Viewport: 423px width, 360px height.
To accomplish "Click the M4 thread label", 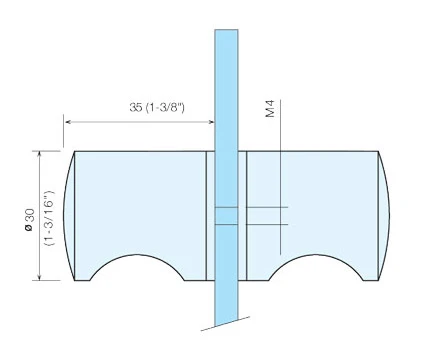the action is pyautogui.click(x=270, y=108).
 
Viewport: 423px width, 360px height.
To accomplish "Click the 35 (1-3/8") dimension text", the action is pyautogui.click(x=157, y=107).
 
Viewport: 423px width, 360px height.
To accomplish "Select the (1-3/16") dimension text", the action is pyautogui.click(x=50, y=219).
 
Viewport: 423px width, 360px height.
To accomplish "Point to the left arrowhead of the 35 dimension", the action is pyautogui.click(x=68, y=122).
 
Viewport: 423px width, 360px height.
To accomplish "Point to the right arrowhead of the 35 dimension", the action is pyautogui.click(x=211, y=122).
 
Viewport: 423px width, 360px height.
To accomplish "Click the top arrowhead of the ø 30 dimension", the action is pyautogui.click(x=40, y=154).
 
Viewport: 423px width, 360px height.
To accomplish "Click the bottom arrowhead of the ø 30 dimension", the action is pyautogui.click(x=40, y=277).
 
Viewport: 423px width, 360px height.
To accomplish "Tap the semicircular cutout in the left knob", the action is pyautogui.click(x=137, y=255).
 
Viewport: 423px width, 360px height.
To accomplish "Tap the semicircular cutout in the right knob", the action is pyautogui.click(x=315, y=255).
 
